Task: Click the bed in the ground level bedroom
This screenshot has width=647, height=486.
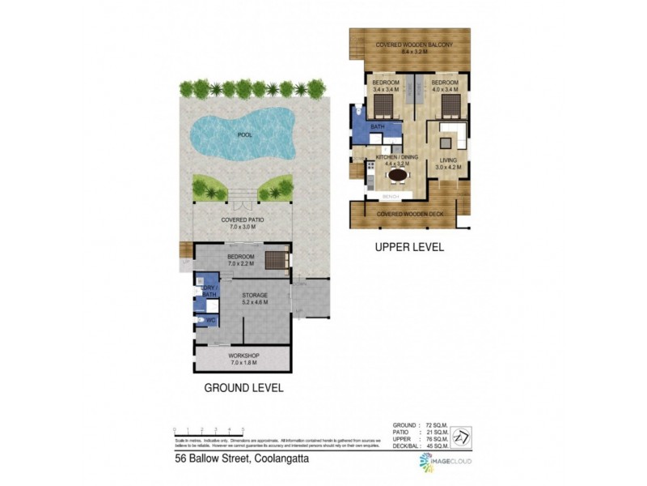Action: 277,260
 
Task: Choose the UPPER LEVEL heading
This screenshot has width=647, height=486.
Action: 408,248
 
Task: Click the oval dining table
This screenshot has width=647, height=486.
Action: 398,174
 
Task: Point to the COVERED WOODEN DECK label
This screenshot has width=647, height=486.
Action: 409,213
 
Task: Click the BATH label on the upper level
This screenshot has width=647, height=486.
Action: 378,128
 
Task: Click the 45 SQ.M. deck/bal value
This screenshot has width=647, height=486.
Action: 436,446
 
